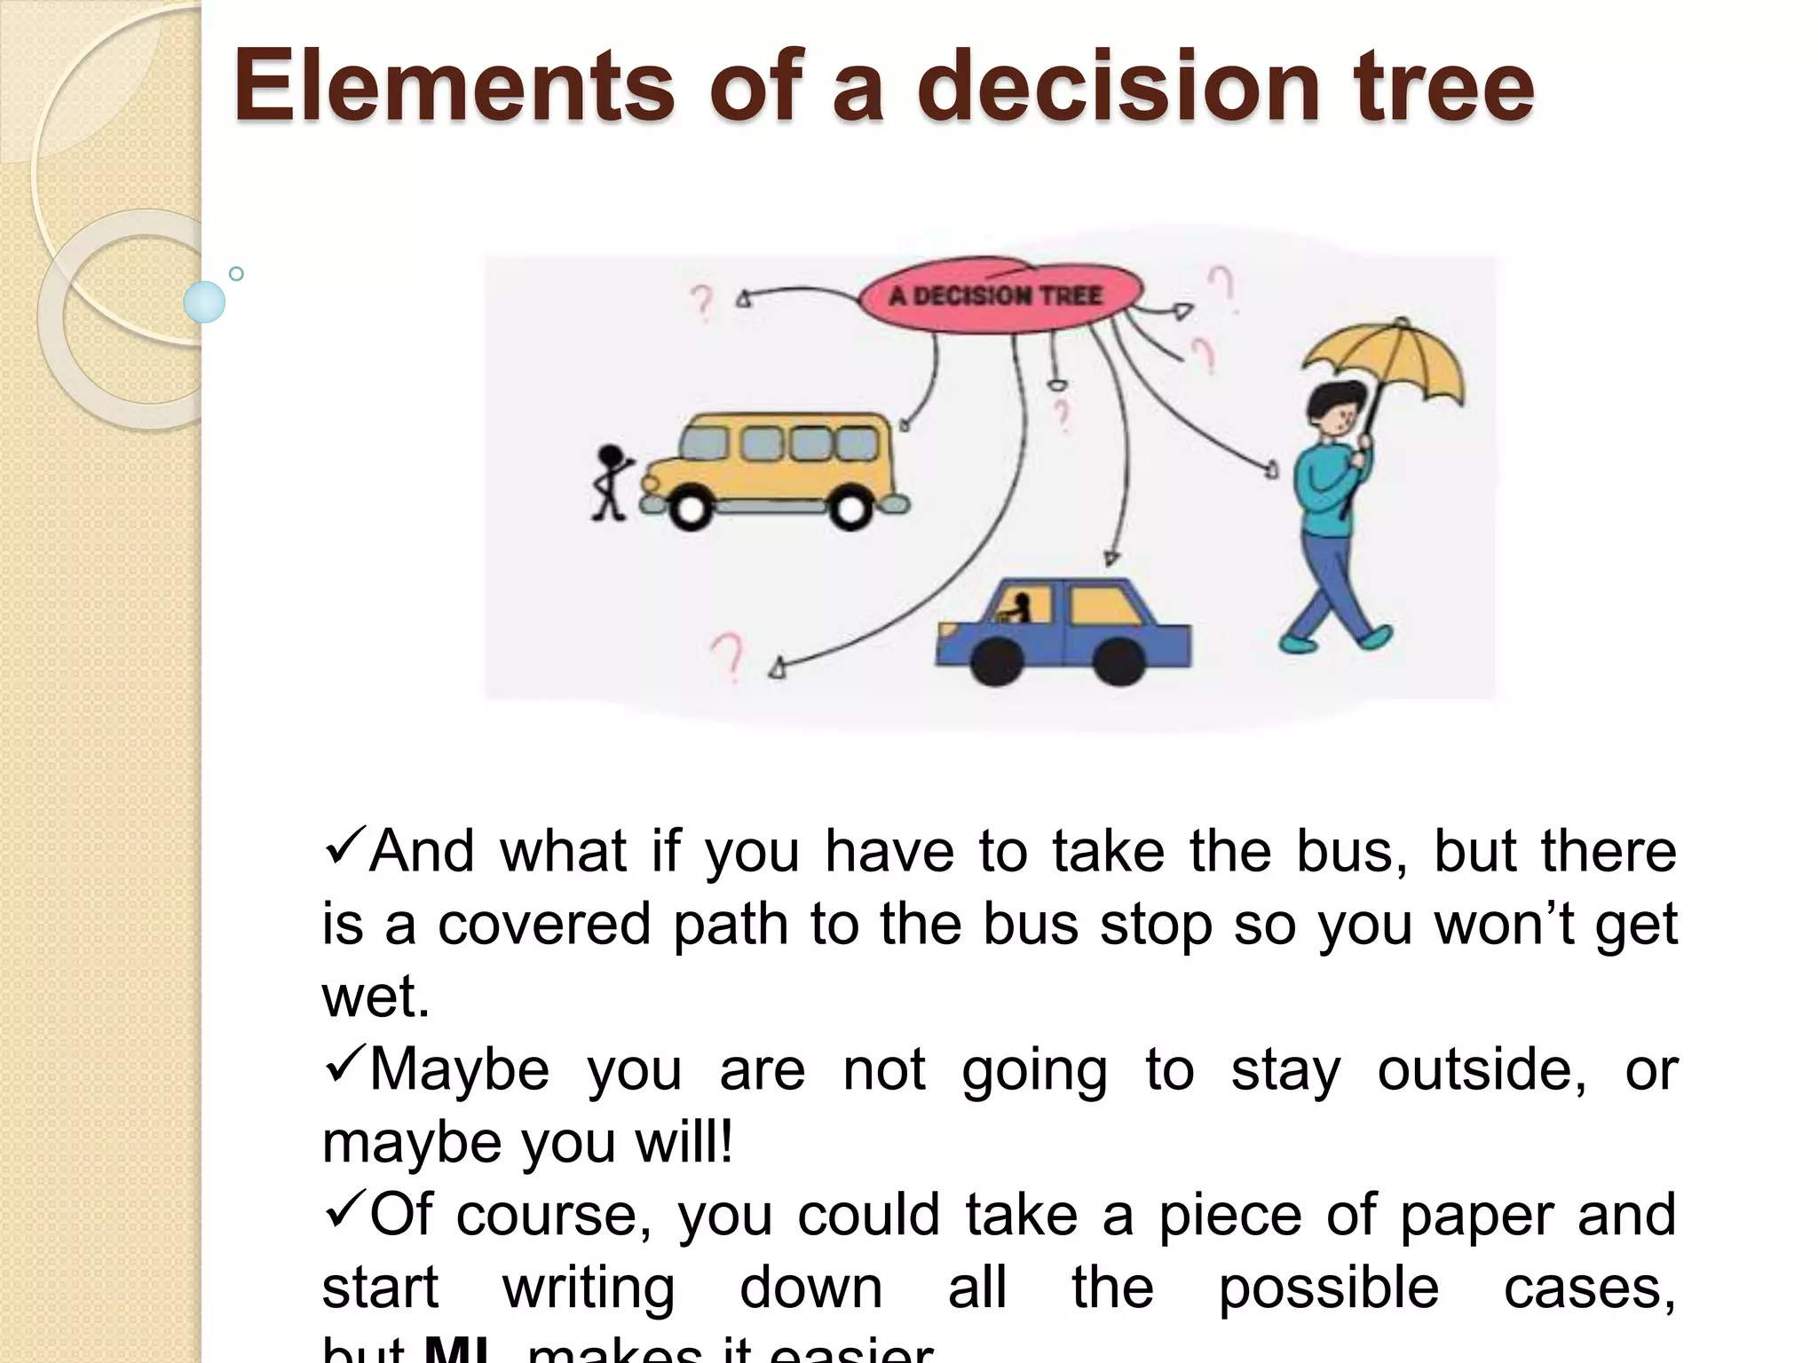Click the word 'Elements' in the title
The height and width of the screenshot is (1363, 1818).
click(x=454, y=86)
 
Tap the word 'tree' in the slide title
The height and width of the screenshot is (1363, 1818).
click(x=1444, y=86)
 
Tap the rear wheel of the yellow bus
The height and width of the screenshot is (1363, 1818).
click(x=850, y=509)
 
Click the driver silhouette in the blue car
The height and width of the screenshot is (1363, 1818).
click(x=1018, y=609)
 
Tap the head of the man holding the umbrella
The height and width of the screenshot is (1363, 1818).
click(x=1338, y=409)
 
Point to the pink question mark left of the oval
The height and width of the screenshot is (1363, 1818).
click(x=702, y=302)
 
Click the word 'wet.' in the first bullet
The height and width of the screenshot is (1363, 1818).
click(x=375, y=997)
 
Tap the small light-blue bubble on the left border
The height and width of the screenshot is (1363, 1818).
click(x=204, y=302)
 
